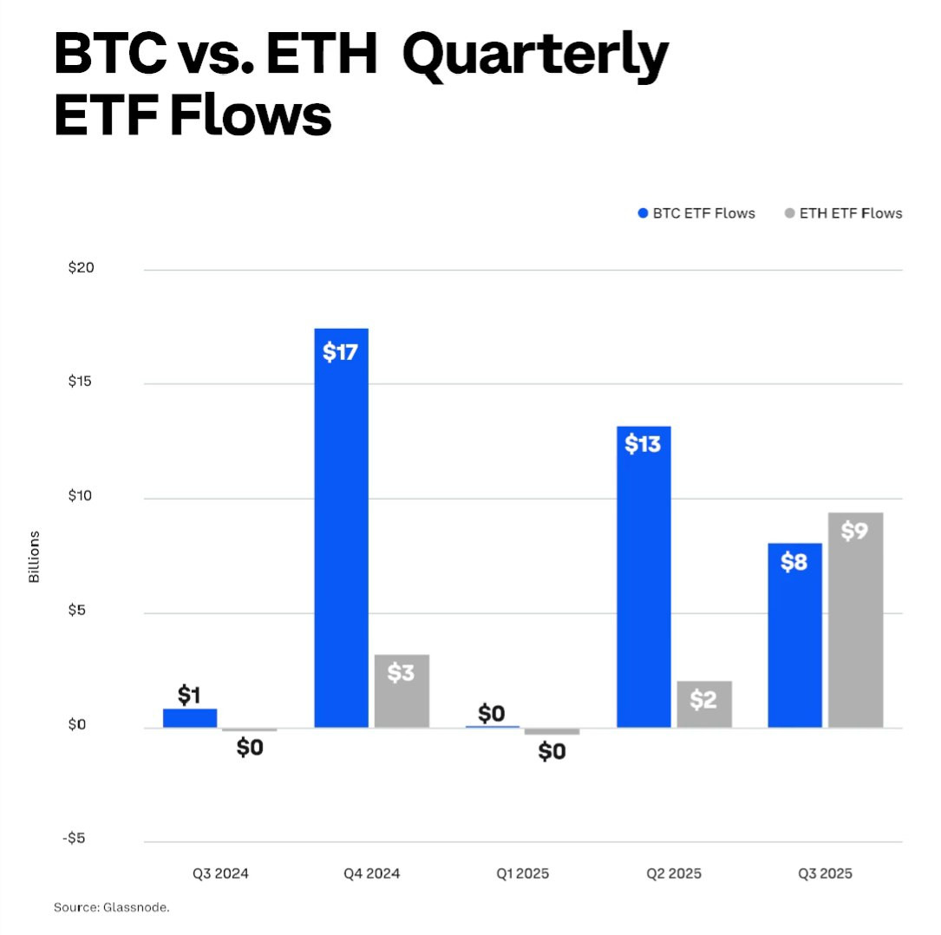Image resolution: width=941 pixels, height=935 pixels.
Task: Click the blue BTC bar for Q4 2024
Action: pos(342,528)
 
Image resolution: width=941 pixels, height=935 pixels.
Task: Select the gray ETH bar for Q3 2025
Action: pos(855,620)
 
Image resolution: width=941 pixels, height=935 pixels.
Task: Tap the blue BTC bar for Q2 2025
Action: pos(644,577)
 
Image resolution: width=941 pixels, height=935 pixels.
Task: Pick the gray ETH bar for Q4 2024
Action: pos(402,691)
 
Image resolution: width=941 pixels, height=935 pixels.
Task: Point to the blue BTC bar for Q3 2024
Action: pos(190,718)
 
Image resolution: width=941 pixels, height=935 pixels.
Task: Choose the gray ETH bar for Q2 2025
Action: pos(704,704)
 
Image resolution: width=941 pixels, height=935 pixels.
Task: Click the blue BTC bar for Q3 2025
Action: pos(795,636)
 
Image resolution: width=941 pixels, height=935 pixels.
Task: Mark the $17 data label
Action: pos(340,351)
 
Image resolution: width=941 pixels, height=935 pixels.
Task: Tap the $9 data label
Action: pos(854,531)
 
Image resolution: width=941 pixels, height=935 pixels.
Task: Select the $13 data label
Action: pos(643,444)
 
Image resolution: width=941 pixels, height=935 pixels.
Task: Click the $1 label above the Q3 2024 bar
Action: pos(189,695)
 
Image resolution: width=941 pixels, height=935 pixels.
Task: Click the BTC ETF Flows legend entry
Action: pos(696,213)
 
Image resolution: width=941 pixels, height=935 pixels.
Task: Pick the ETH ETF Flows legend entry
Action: pos(844,213)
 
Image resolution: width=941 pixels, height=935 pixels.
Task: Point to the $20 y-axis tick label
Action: pos(81,268)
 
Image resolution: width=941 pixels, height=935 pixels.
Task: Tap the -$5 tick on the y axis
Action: pos(75,838)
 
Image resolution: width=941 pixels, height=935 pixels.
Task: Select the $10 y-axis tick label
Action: pos(80,496)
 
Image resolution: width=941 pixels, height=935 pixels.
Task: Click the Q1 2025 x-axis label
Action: pos(523,873)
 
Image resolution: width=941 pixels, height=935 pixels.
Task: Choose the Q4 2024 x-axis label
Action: pos(371,873)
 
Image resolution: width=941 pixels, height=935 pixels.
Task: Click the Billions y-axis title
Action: pos(34,557)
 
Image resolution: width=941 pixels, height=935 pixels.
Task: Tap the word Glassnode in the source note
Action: pos(135,907)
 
